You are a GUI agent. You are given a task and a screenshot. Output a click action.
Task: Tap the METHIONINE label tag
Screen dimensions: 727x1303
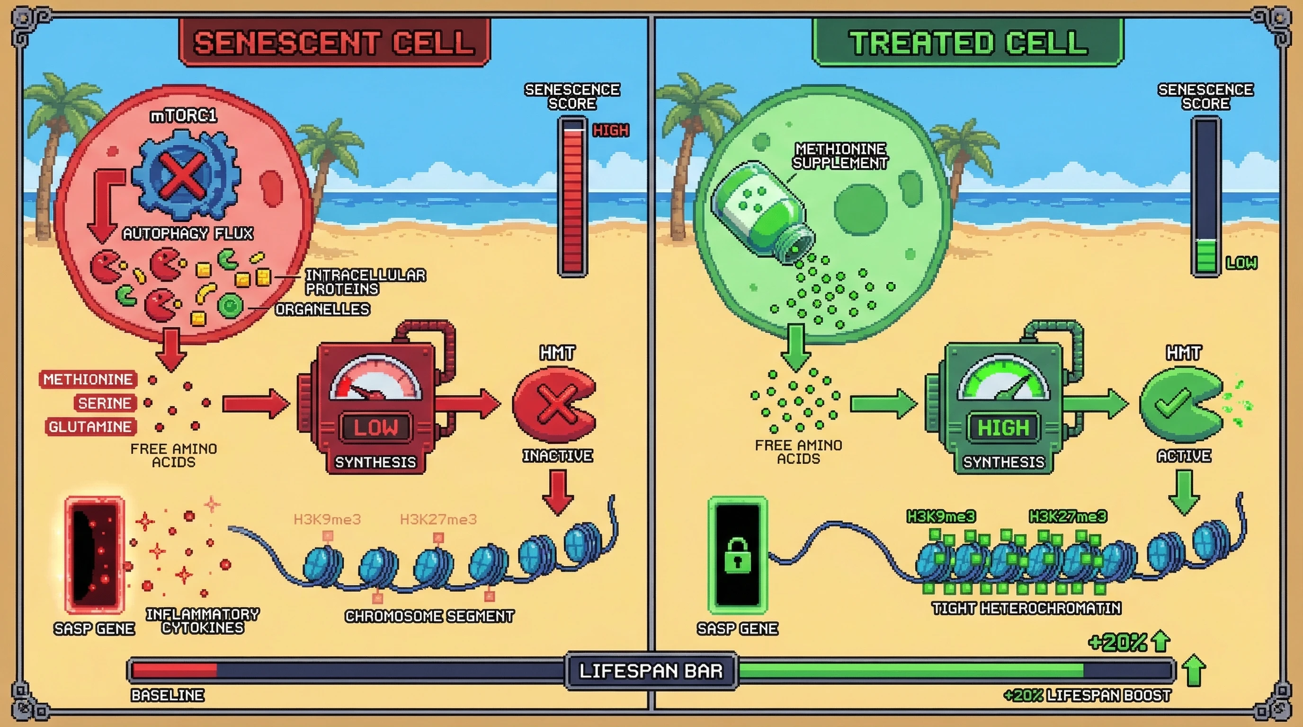pyautogui.click(x=88, y=379)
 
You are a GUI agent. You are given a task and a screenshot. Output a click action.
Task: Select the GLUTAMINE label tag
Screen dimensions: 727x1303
pyautogui.click(x=90, y=427)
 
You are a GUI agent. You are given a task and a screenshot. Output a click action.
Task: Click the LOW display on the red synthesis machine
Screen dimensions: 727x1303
pyautogui.click(x=376, y=427)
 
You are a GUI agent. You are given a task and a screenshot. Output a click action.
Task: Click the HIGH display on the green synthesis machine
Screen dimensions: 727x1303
pyautogui.click(x=1003, y=428)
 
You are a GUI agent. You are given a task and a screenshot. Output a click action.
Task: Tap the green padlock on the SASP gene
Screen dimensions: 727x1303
pyautogui.click(x=737, y=555)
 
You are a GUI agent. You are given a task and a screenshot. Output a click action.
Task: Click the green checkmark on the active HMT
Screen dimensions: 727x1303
pyautogui.click(x=1172, y=403)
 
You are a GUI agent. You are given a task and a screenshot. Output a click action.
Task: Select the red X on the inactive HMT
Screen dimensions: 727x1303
pyautogui.click(x=557, y=403)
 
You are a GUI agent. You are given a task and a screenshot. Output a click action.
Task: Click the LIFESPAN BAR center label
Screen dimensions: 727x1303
pyautogui.click(x=651, y=671)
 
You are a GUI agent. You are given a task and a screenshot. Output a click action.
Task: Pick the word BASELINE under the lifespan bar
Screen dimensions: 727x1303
pyautogui.click(x=168, y=695)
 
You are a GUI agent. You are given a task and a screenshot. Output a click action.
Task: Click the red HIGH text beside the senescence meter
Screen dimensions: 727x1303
pyautogui.click(x=610, y=131)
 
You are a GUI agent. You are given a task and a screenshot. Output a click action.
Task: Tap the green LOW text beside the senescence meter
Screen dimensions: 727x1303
pyautogui.click(x=1241, y=263)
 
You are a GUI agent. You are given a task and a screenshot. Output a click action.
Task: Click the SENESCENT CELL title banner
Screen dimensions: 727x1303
pyautogui.click(x=334, y=43)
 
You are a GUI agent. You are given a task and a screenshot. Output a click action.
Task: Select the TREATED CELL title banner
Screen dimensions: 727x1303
pyautogui.click(x=968, y=43)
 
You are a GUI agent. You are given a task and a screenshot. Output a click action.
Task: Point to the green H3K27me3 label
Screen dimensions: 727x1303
pyautogui.click(x=1067, y=516)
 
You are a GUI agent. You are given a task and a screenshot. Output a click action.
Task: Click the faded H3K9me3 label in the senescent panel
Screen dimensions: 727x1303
pyautogui.click(x=327, y=519)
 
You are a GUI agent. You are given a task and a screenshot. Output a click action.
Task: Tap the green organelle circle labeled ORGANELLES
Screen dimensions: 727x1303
pyautogui.click(x=230, y=305)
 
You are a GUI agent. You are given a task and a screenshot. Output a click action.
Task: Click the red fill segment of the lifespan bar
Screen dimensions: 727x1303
pyautogui.click(x=175, y=670)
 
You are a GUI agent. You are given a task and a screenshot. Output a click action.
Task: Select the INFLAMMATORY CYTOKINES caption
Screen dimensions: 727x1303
pyautogui.click(x=202, y=621)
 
